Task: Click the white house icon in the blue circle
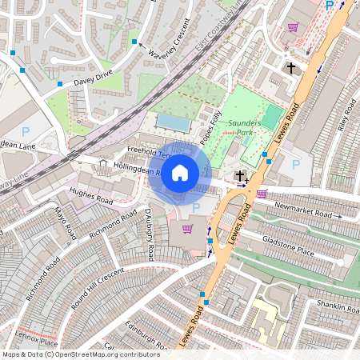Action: pyautogui.click(x=180, y=173)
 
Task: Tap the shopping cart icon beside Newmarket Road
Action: pyautogui.click(x=261, y=193)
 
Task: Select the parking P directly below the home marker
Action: pyautogui.click(x=196, y=207)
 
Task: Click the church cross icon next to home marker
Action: pyautogui.click(x=239, y=175)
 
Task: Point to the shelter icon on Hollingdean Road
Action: pyautogui.click(x=102, y=163)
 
